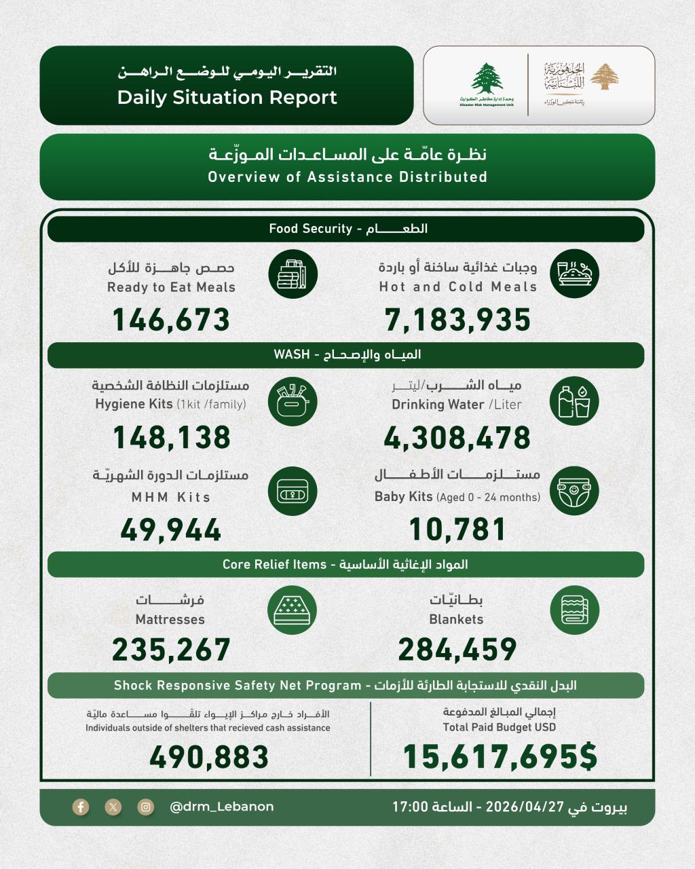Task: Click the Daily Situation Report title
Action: coord(227,97)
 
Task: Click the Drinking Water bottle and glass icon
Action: coord(574,402)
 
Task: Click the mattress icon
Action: coord(293,609)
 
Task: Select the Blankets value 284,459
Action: coord(457,650)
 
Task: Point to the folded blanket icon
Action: coord(574,609)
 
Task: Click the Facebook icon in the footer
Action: coord(81,807)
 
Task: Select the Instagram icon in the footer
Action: coord(146,807)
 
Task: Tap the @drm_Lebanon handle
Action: coord(221,807)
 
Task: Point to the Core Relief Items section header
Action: coord(345,565)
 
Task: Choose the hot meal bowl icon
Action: coord(574,274)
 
